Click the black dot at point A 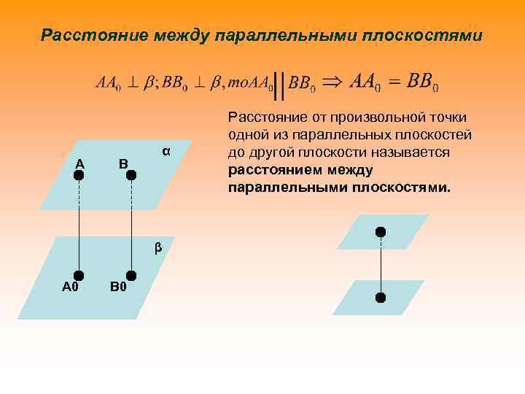point(79,176)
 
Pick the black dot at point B point(131,176)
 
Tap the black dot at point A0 point(79,275)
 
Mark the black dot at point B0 point(131,275)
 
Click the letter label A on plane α point(79,163)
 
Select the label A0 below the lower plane point(71,287)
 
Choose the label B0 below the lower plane point(118,287)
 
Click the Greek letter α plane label point(166,151)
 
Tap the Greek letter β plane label point(157,248)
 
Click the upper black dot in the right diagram point(380,232)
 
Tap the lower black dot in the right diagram point(380,298)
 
